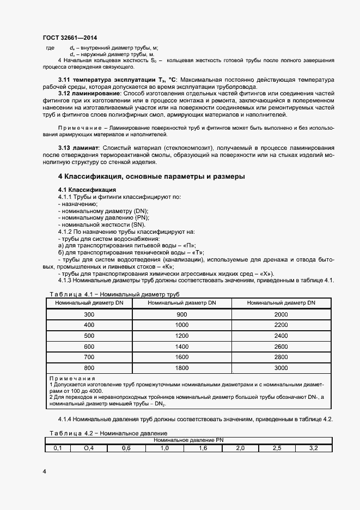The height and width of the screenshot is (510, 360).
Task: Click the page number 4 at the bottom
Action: tap(44, 471)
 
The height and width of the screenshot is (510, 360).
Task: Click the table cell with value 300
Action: tap(89, 315)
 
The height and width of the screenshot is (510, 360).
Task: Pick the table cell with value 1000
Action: tap(182, 325)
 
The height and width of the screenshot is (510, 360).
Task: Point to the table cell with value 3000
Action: tap(281, 368)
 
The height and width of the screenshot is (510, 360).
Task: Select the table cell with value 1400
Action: tap(182, 347)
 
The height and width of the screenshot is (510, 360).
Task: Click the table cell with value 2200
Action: tap(281, 325)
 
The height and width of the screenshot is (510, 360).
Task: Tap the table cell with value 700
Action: tap(89, 357)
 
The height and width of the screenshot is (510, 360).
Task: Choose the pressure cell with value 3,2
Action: tap(314, 448)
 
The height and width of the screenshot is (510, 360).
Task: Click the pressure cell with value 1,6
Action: tap(202, 448)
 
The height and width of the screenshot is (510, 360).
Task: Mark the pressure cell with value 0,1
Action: tap(57, 448)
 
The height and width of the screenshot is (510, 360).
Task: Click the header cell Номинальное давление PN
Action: tap(188, 440)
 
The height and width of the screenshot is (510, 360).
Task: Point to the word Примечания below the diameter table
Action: tap(72, 378)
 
